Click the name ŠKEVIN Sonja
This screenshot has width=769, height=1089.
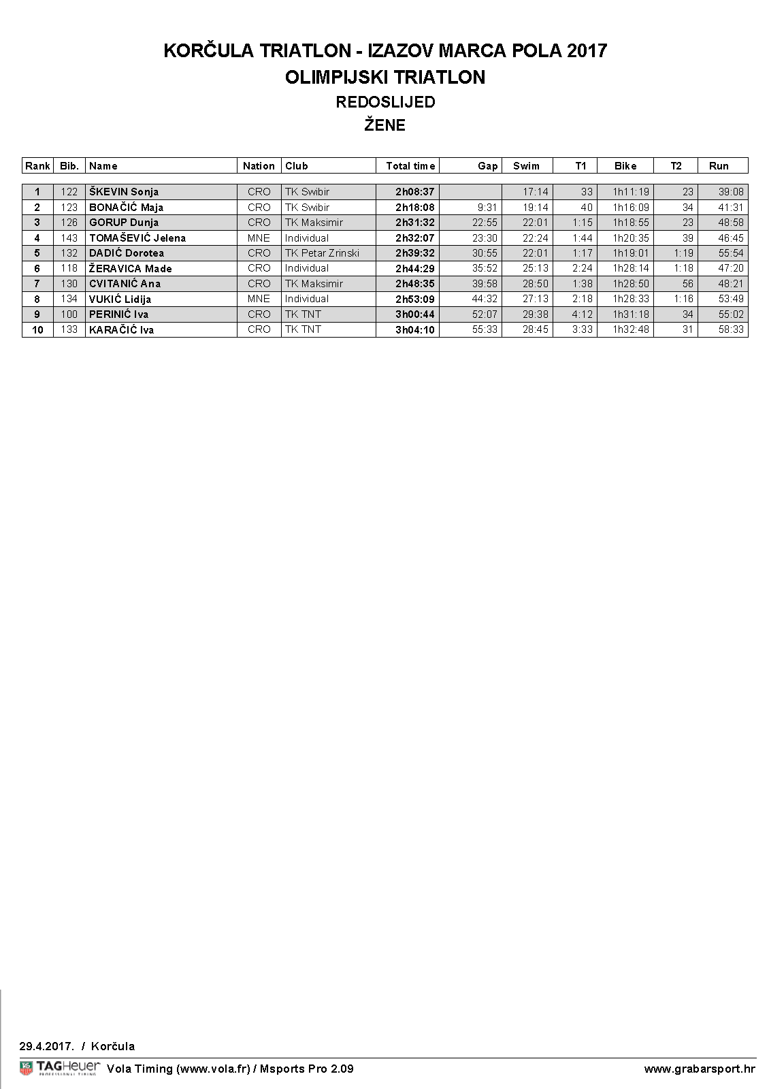tap(124, 192)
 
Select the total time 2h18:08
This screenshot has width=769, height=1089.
tap(414, 208)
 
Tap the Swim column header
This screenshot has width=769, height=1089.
tap(526, 166)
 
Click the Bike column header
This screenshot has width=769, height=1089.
tap(625, 166)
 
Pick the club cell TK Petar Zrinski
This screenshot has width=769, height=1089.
tap(322, 253)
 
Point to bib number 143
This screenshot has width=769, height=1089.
tap(69, 238)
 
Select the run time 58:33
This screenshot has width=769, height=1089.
tap(731, 329)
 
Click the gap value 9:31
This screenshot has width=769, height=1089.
tap(487, 208)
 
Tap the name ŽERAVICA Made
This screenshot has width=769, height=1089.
tap(131, 269)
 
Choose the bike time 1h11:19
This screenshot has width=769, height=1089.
tap(631, 192)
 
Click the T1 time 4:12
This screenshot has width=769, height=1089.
tap(582, 314)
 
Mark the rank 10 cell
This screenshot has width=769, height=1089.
tap(37, 330)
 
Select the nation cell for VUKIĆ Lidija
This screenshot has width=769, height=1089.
tap(259, 299)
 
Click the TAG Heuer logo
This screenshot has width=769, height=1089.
tap(60, 1068)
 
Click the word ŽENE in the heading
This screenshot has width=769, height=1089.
tap(384, 125)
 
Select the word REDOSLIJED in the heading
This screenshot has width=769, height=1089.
tap(385, 102)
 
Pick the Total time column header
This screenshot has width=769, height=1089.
tap(410, 166)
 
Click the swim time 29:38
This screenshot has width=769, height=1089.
tap(535, 314)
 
